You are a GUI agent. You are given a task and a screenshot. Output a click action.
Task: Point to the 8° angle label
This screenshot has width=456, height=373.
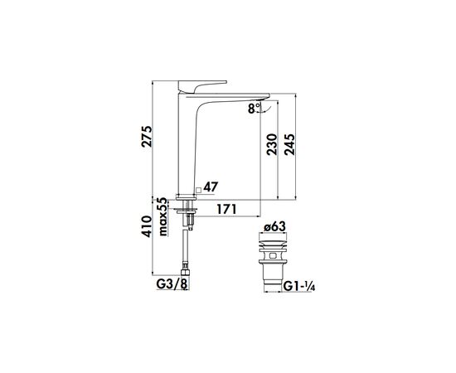[x=252, y=107]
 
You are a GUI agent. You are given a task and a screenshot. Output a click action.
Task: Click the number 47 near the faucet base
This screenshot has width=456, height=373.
[x=211, y=187]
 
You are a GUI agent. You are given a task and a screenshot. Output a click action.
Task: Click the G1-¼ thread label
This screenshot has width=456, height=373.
[x=300, y=286]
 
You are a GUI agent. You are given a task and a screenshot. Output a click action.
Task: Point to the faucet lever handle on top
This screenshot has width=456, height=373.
[x=204, y=85]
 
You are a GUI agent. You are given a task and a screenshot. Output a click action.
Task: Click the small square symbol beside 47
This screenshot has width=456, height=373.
[x=197, y=188]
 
